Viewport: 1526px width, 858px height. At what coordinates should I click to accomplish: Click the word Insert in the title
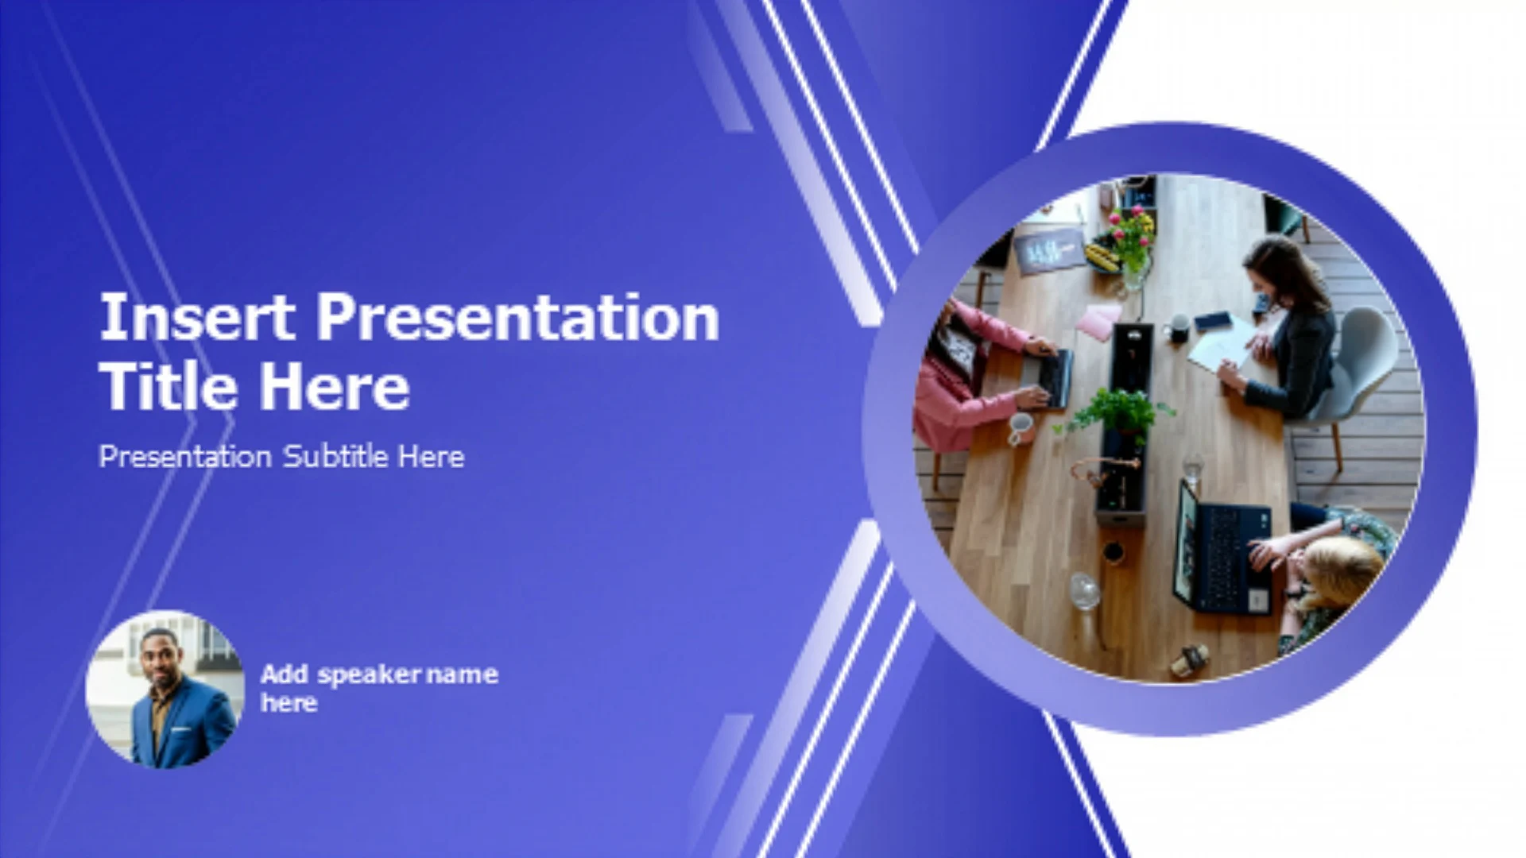[x=197, y=317]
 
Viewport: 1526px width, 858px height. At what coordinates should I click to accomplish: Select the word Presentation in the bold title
[x=517, y=317]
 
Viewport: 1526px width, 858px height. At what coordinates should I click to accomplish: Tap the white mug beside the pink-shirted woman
[x=1021, y=428]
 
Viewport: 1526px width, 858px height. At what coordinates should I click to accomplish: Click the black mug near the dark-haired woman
[x=1179, y=327]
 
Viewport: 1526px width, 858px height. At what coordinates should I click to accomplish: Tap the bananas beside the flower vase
[x=1103, y=257]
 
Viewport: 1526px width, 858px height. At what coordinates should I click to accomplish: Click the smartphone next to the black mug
[x=1213, y=321]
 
